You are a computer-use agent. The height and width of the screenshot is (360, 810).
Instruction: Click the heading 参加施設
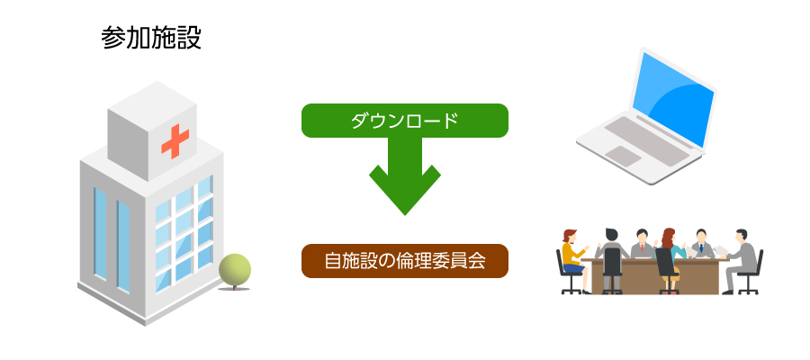[x=151, y=39]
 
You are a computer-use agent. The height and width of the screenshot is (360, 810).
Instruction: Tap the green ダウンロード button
[x=404, y=121]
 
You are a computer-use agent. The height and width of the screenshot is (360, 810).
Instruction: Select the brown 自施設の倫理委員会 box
[x=404, y=261]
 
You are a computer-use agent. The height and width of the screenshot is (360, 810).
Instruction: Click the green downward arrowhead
[x=404, y=190]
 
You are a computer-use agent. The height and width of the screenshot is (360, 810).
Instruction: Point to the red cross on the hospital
[x=175, y=140]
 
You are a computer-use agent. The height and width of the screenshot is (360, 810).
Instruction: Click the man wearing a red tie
[x=642, y=244]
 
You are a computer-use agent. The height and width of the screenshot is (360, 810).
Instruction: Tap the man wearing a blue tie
[x=701, y=243]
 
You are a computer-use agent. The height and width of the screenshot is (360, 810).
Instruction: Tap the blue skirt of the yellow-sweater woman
[x=573, y=268]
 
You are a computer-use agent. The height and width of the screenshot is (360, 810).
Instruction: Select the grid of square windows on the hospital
[x=184, y=233]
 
